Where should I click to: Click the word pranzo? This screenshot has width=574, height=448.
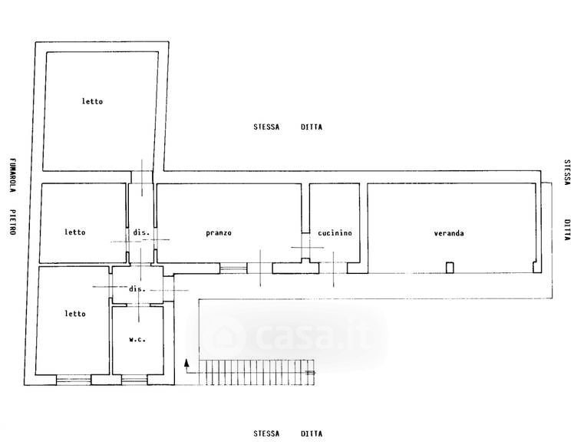point(219,233)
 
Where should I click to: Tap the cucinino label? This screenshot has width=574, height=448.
point(335,232)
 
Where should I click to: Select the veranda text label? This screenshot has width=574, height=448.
point(449,233)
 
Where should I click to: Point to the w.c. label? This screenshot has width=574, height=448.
point(137,339)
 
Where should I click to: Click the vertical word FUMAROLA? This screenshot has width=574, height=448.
point(12,176)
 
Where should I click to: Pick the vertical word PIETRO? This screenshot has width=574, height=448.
point(12,222)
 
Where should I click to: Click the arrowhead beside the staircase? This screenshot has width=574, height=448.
point(186,362)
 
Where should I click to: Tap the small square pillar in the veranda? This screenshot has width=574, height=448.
point(450,268)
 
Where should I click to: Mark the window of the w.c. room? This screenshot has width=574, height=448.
point(134,380)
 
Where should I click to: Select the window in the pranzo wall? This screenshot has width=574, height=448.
point(233,268)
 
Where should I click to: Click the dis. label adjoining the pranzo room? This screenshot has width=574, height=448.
point(141,232)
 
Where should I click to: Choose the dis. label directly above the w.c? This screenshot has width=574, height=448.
point(137,288)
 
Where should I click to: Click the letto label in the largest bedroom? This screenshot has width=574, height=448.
point(92,101)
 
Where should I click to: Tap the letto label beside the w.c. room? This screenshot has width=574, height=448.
point(75,314)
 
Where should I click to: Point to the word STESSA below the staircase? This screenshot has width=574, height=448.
point(266,433)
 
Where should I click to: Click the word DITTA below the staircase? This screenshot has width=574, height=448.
point(312,433)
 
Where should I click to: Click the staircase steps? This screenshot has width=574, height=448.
point(256,372)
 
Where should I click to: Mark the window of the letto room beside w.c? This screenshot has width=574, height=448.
point(74,380)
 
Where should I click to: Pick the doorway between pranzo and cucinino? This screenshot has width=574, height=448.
point(305,246)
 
